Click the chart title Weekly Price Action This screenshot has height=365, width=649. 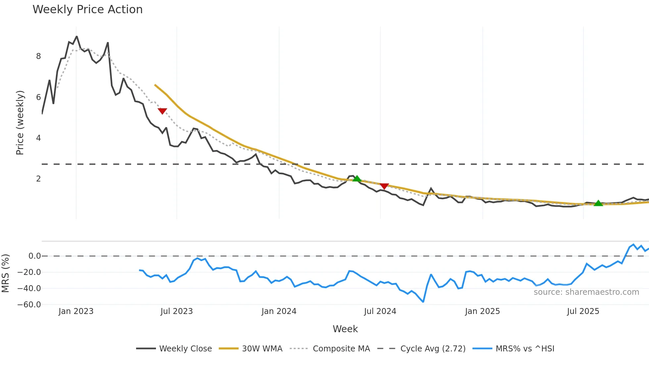pos(87,10)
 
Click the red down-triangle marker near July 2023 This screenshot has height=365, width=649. pos(162,111)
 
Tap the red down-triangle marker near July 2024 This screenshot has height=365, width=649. pos(384,186)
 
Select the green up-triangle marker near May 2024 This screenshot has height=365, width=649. pos(357,179)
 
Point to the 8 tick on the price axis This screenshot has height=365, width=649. pos(38,56)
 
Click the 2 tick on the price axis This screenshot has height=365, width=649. pos(38,179)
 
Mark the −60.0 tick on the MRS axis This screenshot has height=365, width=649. pos(29,305)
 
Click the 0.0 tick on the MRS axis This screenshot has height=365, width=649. pos(34,256)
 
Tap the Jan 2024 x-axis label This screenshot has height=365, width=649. pos(279,311)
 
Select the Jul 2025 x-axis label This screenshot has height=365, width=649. pos(583,311)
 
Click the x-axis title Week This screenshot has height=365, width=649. pos(345,329)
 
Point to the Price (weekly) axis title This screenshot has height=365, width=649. pos(20,123)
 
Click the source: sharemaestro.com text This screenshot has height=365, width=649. pos(586,292)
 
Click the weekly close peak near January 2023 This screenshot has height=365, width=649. pos(77,36)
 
